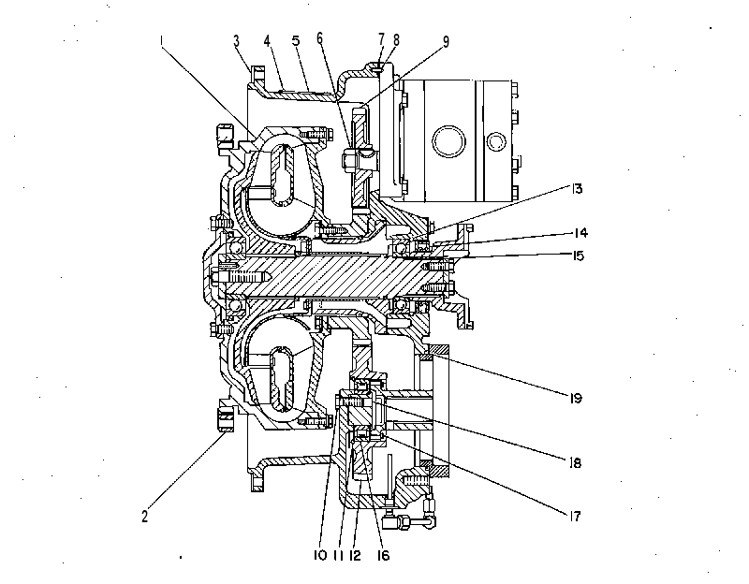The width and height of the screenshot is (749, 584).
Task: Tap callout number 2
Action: [x=145, y=516]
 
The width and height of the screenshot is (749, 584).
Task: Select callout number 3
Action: [x=237, y=40]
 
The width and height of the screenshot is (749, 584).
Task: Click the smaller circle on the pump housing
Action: [x=496, y=141]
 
